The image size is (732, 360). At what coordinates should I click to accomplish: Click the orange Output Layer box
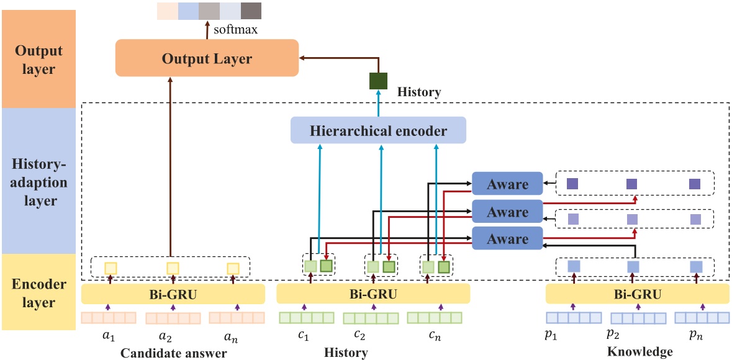207,59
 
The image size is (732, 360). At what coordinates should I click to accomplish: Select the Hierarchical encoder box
378,131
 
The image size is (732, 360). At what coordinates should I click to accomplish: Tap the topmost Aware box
507,184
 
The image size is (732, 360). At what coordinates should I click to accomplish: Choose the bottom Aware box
507,239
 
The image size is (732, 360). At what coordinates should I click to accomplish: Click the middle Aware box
507,212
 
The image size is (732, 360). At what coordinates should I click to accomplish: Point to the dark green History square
378,81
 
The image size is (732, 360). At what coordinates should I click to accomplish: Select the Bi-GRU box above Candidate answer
173,294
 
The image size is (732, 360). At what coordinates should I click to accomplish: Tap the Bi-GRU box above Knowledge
637,294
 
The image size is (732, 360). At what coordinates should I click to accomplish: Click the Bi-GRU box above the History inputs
373,294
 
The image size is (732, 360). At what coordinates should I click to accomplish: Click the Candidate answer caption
173,353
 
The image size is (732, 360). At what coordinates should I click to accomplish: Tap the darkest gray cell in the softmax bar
251,11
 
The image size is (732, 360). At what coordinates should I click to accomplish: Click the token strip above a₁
108,318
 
